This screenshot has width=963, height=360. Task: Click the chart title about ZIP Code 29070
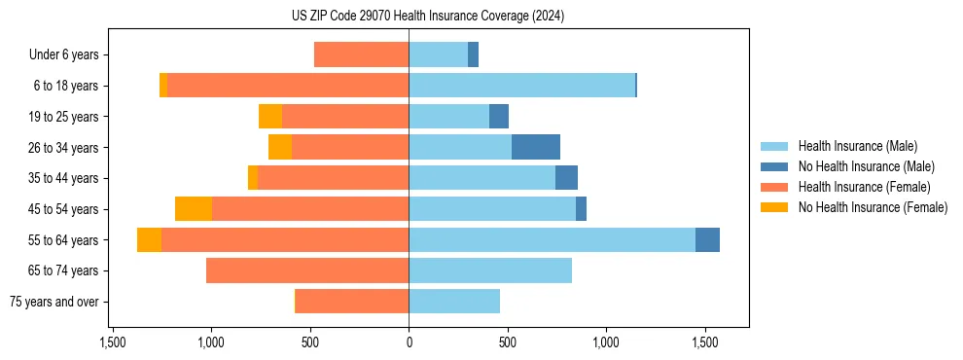click(x=428, y=17)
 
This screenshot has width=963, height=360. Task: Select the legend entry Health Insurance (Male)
click(x=856, y=146)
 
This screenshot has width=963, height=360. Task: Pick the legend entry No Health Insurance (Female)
click(x=873, y=207)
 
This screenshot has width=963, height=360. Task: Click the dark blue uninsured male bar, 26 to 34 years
click(x=536, y=147)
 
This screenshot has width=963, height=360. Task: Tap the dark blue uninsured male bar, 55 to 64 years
click(x=707, y=240)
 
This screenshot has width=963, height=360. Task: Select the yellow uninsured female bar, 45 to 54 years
click(x=194, y=209)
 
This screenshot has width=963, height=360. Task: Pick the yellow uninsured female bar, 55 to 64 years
click(x=149, y=240)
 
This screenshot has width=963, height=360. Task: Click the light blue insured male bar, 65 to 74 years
click(x=490, y=270)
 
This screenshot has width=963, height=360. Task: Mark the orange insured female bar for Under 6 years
click(x=361, y=55)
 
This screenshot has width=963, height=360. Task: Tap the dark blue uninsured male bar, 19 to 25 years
click(x=499, y=117)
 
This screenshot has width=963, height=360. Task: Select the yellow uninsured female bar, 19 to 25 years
click(x=270, y=117)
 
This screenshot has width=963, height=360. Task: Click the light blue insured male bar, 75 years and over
click(x=454, y=302)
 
